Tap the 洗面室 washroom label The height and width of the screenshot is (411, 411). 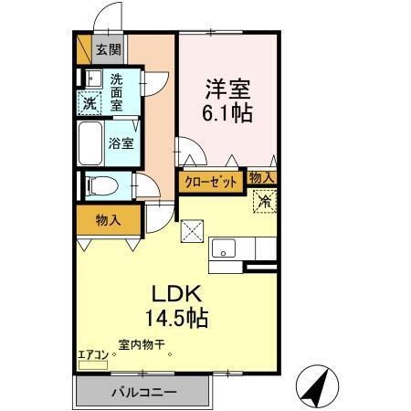[x=118, y=92]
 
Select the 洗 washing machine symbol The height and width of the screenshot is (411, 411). [x=90, y=103]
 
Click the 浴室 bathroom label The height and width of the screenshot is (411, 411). [x=121, y=142]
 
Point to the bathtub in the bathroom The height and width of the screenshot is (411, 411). [x=91, y=142]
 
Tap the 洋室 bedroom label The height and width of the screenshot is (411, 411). [x=227, y=90]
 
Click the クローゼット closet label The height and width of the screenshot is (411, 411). [x=210, y=181]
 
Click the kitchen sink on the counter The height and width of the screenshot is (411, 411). [x=225, y=248]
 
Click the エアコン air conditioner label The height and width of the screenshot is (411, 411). [x=92, y=353]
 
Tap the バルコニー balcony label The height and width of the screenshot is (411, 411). [x=144, y=392]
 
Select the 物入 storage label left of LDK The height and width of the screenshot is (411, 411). [x=108, y=220]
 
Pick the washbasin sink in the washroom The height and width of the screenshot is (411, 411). [x=91, y=77]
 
